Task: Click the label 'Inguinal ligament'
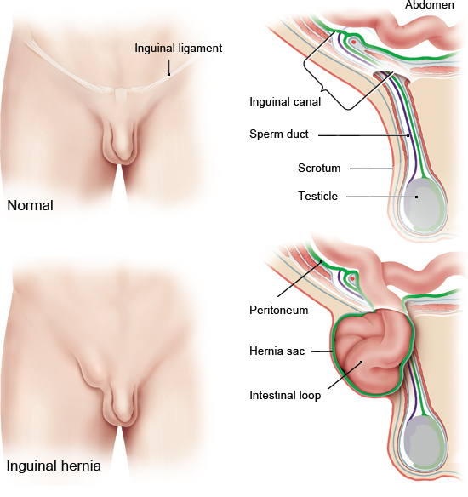coord(179,49)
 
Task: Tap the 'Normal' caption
coord(30,205)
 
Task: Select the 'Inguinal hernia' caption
coord(54,466)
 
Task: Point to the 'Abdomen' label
coord(430,5)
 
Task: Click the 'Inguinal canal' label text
coord(285,102)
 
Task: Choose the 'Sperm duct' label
coord(279,134)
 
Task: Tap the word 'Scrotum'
coord(319,168)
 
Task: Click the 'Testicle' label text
coord(317,197)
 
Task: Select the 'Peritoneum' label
coord(279,310)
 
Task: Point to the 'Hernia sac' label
coord(277,351)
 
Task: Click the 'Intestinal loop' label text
coord(285,396)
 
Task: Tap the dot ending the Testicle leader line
coord(417,197)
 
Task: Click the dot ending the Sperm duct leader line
coord(408,135)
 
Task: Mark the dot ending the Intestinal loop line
coord(362,362)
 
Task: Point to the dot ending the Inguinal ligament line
coord(168,75)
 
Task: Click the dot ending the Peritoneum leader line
coord(322,261)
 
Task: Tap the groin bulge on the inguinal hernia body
coord(90,373)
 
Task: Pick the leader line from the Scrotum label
coord(371,169)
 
